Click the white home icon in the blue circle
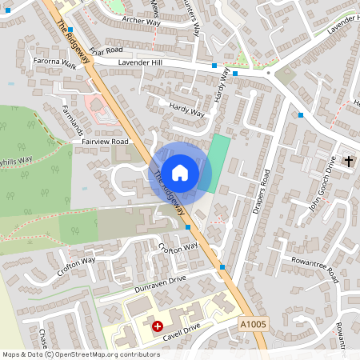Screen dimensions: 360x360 [180, 172]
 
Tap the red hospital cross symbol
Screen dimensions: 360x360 [158, 326]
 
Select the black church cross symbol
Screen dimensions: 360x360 [348, 162]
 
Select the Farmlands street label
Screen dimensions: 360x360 [72, 118]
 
